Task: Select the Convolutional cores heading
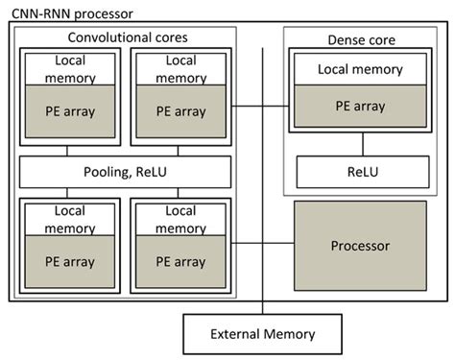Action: click(x=126, y=37)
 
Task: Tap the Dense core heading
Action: click(x=361, y=41)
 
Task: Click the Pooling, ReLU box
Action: click(x=126, y=172)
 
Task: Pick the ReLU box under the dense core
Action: click(x=361, y=173)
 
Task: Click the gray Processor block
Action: click(x=361, y=246)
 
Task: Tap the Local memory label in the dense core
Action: click(x=361, y=70)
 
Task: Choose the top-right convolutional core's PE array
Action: click(x=180, y=111)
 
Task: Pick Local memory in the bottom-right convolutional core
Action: click(x=180, y=220)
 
